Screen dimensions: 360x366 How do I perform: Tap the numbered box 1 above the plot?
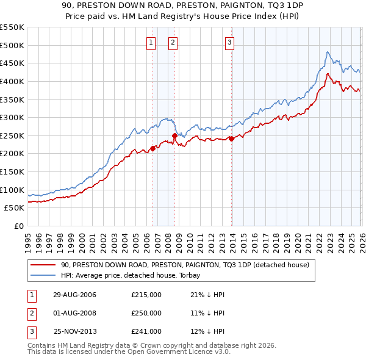(151, 42)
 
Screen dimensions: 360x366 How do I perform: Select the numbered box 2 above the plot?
(173, 42)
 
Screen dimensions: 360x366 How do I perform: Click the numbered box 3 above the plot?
(230, 42)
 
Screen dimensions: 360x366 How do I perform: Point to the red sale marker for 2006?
(152, 148)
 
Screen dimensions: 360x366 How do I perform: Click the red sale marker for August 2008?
(174, 135)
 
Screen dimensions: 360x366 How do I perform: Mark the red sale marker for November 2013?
(232, 139)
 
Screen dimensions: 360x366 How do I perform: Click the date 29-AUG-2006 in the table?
(74, 295)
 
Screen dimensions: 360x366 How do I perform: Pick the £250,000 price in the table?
(146, 313)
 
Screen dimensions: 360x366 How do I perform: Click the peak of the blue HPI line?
(328, 52)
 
